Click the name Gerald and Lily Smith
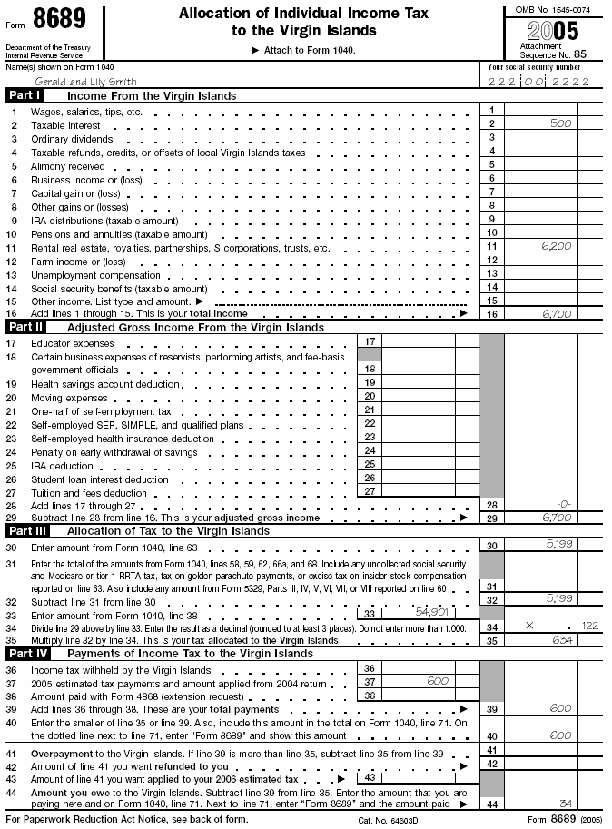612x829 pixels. coord(73,82)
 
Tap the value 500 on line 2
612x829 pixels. coord(559,123)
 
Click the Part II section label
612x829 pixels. coord(25,326)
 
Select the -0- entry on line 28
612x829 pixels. coord(563,505)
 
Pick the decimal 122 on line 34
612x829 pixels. coord(589,626)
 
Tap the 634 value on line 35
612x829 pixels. coord(561,639)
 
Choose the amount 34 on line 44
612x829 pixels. coord(566,804)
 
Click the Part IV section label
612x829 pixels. coord(26,653)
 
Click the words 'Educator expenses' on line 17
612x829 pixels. coord(72,343)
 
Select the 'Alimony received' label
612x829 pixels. coord(67,166)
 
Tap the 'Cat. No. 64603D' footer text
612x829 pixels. coord(390,819)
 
